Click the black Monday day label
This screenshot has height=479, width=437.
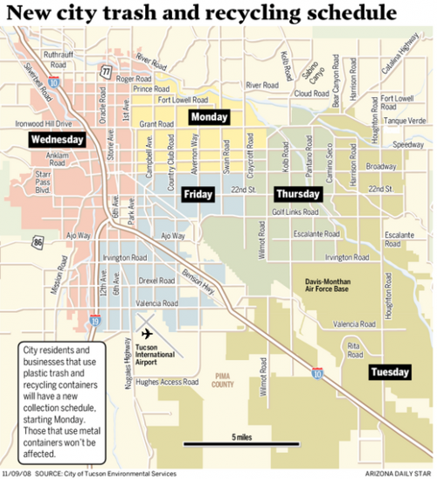coord(209,117)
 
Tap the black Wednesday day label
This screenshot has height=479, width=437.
coord(57,140)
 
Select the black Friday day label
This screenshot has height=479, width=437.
coord(198,194)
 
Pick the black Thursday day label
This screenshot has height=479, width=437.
coord(298,194)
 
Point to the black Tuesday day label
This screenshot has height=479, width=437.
coord(389,372)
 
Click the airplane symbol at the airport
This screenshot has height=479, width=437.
coord(145,335)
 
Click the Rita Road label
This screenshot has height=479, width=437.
coord(354,349)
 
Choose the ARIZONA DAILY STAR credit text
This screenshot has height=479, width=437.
coord(393,473)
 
